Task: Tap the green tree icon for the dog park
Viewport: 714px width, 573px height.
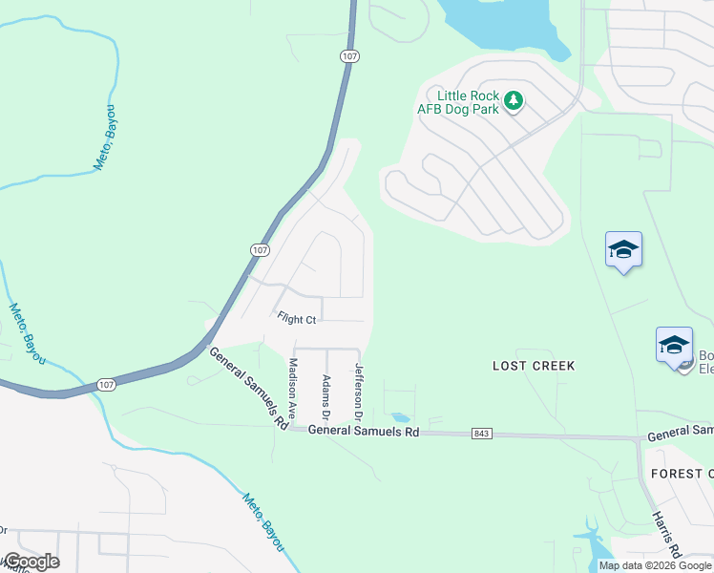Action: [x=514, y=100]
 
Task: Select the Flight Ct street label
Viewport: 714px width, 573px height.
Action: [x=296, y=318]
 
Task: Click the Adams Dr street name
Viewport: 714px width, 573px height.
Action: [x=325, y=397]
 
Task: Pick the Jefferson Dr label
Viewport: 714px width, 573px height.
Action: [x=359, y=393]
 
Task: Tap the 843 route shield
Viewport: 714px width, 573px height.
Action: [x=482, y=435]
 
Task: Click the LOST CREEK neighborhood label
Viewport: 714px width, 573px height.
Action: [x=534, y=366]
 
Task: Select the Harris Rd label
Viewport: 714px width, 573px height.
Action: [x=665, y=533]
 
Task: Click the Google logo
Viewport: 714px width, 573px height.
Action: [x=31, y=562]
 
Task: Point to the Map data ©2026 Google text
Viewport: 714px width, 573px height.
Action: [x=655, y=565]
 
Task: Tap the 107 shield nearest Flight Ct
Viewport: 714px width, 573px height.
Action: [x=259, y=249]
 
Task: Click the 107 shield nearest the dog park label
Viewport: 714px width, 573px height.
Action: [x=349, y=56]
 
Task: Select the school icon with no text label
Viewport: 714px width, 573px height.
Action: [x=623, y=250]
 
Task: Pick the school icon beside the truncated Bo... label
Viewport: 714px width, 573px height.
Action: [x=674, y=345]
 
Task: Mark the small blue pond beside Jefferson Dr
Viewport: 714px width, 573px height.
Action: [x=400, y=417]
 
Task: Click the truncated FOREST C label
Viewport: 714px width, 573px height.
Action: [x=682, y=474]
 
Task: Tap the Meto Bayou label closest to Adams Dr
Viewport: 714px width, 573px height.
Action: [x=262, y=521]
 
